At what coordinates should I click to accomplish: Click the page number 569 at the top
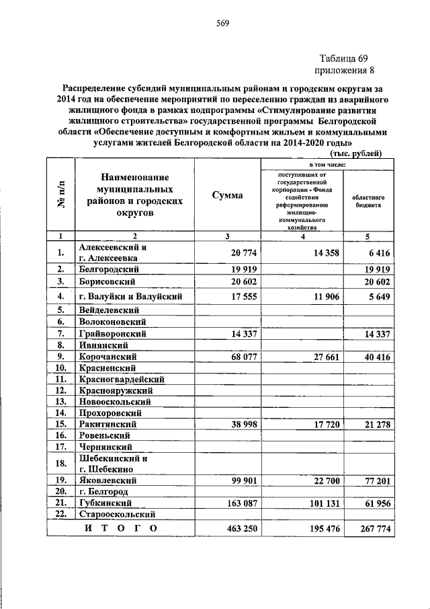coord(222,26)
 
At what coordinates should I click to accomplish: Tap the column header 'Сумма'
coord(228,195)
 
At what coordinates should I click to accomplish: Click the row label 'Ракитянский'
coord(107,425)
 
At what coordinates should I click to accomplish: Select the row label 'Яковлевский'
coord(107,480)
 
